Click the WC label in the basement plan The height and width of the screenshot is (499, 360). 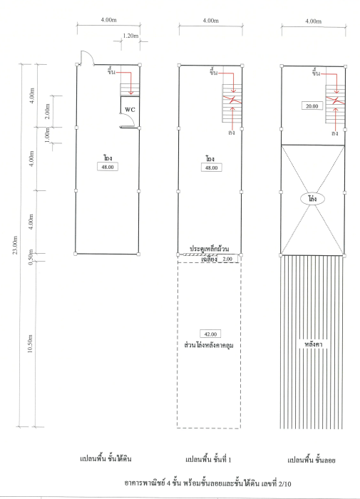point(130,110)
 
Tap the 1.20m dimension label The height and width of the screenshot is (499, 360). point(130,36)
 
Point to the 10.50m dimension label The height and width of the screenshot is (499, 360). point(30,344)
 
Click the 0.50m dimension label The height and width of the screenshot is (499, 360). point(31,257)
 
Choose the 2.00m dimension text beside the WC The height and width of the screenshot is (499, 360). point(47,111)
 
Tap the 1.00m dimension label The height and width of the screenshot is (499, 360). point(47,135)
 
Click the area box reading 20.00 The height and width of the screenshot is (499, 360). point(312,106)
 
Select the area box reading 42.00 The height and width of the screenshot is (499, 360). point(210,334)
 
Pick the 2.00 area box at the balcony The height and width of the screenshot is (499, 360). point(227,259)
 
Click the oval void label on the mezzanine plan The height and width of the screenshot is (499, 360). point(312,199)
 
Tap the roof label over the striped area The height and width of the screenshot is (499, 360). point(314,344)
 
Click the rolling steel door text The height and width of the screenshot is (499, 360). point(209,249)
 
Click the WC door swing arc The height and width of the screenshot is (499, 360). point(131,118)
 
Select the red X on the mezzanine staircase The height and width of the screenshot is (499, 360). point(335,101)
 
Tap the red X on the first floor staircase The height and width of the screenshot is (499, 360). point(232,100)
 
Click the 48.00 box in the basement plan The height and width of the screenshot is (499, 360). point(108,167)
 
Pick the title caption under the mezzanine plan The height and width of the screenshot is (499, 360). point(312,460)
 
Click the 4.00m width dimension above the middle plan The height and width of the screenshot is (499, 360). point(211,21)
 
